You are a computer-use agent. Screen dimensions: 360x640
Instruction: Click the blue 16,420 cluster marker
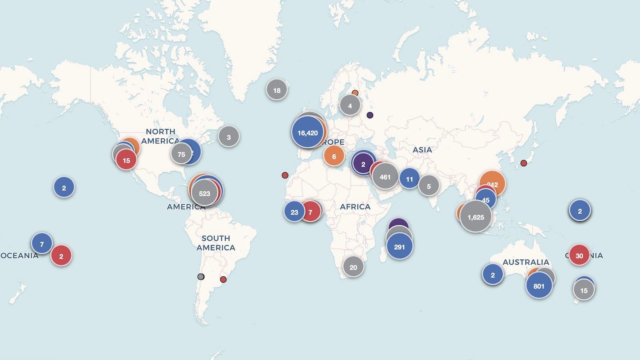307,133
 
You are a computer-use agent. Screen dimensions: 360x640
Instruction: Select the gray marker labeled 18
276,90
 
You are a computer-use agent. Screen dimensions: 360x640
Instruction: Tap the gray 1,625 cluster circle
476,217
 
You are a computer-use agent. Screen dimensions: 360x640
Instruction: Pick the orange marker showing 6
334,156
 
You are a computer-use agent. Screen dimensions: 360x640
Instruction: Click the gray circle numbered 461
385,176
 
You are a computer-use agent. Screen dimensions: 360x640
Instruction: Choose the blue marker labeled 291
399,247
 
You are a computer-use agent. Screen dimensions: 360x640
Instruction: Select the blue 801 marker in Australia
539,286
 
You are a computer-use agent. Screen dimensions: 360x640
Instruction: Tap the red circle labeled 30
579,256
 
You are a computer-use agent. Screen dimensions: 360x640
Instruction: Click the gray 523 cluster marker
204,194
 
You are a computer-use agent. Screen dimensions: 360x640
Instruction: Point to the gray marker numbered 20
353,267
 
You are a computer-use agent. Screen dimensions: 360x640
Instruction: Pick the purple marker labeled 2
363,164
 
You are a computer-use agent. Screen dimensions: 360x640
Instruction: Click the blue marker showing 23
294,212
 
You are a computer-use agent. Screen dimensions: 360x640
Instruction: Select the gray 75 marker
181,154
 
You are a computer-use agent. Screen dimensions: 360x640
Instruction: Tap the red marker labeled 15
126,160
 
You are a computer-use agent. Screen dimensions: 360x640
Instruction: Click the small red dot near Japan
524,163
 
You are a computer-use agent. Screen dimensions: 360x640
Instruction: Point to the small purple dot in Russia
370,115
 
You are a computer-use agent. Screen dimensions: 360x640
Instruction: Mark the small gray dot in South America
201,277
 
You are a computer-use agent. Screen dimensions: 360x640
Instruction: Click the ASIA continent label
422,150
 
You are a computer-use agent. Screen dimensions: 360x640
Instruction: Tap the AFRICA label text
355,206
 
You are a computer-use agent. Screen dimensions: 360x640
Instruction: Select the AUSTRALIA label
526,262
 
